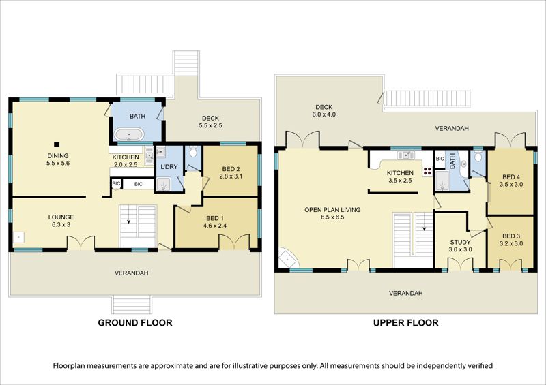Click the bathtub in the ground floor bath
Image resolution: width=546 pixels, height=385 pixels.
128,134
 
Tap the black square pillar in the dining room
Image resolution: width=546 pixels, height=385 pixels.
57,144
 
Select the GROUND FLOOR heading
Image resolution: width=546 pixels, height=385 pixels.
135,323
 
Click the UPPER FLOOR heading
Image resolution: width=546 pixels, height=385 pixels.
405,323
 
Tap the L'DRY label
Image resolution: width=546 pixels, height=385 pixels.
169,167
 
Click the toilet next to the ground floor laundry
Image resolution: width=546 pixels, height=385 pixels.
193,152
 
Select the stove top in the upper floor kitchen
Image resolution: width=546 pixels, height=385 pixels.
427,171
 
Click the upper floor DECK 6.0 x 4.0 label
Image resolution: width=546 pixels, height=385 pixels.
324,110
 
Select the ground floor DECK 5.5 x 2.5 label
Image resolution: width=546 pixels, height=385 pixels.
211,122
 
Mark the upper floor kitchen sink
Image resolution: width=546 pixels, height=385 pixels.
405,155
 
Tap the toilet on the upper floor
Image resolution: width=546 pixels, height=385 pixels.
478,157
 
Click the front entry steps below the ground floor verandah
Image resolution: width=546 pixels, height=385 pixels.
132,305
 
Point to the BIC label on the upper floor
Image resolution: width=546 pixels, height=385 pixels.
440,159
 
